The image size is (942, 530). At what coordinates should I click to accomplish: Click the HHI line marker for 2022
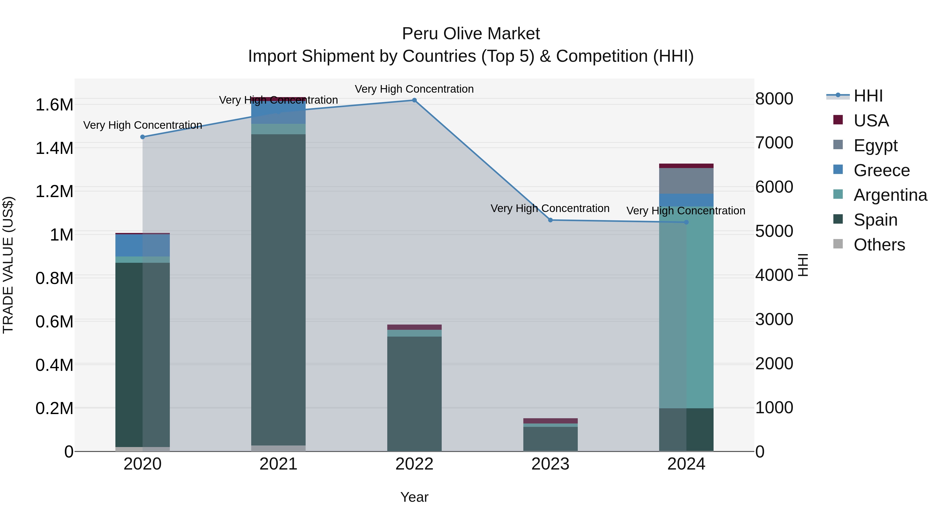click(x=414, y=100)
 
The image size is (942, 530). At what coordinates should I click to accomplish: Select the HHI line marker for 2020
click(x=143, y=137)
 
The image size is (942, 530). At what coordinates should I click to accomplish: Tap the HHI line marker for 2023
click(x=550, y=220)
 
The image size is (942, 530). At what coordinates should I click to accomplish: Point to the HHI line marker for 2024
click(x=686, y=222)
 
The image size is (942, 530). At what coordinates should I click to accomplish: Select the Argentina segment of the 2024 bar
click(x=686, y=307)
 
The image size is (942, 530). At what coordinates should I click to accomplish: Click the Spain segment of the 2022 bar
click(x=414, y=393)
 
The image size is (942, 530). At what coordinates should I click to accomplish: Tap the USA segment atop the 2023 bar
click(x=550, y=421)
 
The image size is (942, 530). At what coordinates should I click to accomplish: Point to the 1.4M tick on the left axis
click(x=54, y=148)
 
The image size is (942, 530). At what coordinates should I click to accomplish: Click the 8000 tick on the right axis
click(x=774, y=99)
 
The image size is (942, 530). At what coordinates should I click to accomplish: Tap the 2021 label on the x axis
click(x=278, y=464)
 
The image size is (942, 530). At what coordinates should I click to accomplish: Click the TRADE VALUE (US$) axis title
click(x=8, y=265)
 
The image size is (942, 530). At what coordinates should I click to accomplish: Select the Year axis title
click(x=414, y=497)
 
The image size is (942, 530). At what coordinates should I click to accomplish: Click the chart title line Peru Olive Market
click(x=471, y=34)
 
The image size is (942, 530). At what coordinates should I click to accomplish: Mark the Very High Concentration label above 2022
click(x=414, y=89)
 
